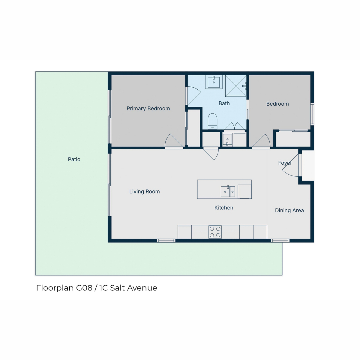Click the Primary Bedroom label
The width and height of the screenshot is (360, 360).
coord(148,109)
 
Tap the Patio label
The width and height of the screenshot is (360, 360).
coord(74,159)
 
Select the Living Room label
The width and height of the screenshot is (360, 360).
coord(144,191)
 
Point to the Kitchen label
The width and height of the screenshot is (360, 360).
coord(223,208)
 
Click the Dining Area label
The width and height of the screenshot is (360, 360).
coord(289,210)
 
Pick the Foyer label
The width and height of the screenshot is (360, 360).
coord(285,163)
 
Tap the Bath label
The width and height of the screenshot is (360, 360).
coord(224,103)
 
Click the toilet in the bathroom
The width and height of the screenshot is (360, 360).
coord(212,121)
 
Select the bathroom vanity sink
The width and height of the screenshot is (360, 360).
coord(214,82)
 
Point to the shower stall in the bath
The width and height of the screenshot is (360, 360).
coord(236,86)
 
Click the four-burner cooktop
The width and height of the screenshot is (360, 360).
coord(215,232)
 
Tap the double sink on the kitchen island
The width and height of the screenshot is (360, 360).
coord(228,191)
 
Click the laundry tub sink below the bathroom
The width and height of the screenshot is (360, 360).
coord(227,139)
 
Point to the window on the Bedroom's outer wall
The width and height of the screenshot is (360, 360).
coord(312,114)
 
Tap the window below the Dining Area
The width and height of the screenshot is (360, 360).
coord(280,241)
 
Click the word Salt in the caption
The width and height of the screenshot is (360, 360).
coord(117,288)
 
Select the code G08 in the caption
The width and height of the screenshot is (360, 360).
coord(84,288)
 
